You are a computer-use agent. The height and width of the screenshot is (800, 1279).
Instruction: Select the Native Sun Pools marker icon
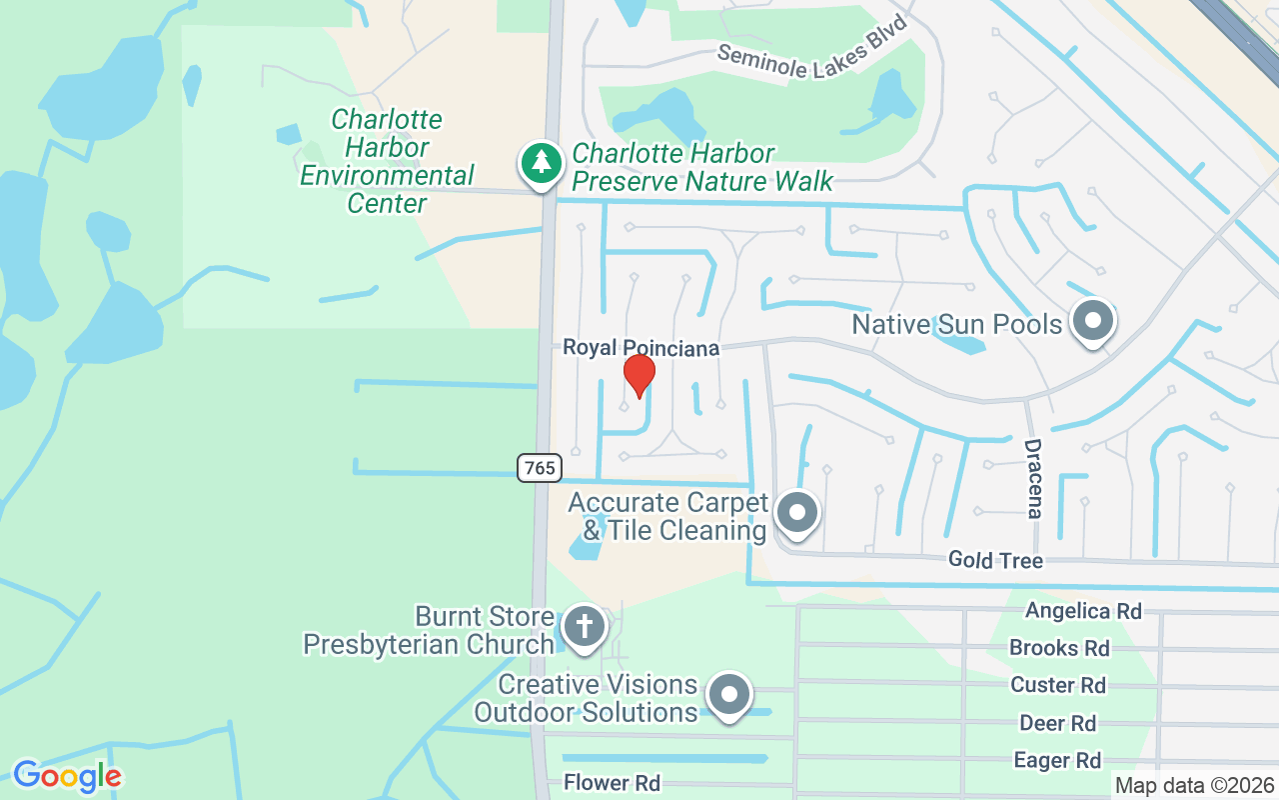[1093, 322]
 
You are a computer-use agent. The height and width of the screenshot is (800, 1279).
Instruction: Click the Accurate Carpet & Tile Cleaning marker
[797, 513]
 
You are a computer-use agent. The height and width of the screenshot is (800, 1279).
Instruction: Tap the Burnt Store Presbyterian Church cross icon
[584, 627]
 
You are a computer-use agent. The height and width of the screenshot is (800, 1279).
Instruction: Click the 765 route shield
[540, 467]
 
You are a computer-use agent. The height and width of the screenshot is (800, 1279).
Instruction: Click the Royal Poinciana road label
[640, 348]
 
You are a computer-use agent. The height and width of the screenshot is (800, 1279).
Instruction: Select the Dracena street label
[1033, 479]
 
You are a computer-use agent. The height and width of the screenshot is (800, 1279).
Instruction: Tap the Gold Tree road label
[995, 560]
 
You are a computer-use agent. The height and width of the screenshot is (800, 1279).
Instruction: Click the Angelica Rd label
[1083, 610]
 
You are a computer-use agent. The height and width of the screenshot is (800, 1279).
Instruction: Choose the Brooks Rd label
[1059, 648]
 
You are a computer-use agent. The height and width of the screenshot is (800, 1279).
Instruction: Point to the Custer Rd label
[1058, 685]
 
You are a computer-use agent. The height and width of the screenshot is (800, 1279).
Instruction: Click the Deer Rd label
[1057, 723]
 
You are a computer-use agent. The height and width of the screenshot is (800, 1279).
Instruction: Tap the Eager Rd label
[1057, 761]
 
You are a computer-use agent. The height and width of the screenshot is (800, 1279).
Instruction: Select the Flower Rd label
[612, 782]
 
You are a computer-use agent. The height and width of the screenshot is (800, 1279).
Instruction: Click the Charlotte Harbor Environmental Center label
[387, 161]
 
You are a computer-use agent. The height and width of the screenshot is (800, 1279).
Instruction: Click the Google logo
[67, 776]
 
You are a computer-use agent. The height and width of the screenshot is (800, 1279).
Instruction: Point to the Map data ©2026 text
[1194, 786]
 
